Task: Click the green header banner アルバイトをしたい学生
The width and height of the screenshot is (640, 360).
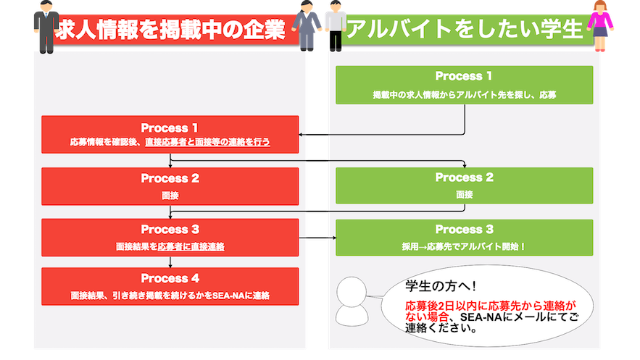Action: [x=465, y=30]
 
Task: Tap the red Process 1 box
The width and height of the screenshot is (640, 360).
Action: [x=170, y=134]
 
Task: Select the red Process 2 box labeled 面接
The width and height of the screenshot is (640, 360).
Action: [x=170, y=185]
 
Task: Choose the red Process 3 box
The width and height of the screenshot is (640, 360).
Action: [x=170, y=236]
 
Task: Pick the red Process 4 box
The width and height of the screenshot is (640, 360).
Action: [x=170, y=286]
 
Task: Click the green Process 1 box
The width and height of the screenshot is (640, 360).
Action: [x=464, y=84]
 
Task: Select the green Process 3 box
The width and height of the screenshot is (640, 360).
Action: [x=464, y=237]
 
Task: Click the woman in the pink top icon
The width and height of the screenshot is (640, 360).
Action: [x=600, y=24]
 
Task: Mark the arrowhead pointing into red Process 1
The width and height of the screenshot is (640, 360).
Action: [x=302, y=134]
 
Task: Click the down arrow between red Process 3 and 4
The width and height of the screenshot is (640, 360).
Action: [x=170, y=262]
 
